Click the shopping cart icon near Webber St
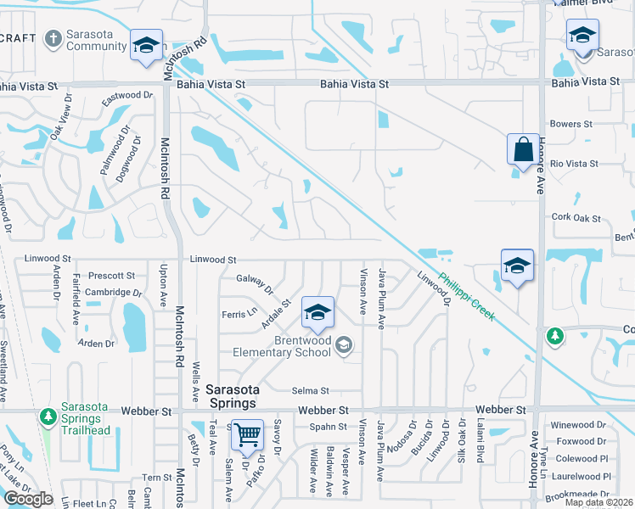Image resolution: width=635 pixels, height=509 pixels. pos(248,435)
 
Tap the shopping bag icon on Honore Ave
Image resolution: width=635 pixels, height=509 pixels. pos(521,149)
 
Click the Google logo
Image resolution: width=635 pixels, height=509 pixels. pos(27,499)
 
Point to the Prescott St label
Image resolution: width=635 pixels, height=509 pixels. pos(112,276)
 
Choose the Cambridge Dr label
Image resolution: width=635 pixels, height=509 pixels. pos(114,293)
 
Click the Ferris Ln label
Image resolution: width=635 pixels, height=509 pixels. pos(239,314)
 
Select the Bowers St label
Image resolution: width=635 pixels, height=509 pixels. pos(570,124)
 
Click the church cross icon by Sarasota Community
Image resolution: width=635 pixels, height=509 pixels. pos(53,38)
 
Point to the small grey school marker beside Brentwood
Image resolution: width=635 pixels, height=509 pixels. pos(344,344)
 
